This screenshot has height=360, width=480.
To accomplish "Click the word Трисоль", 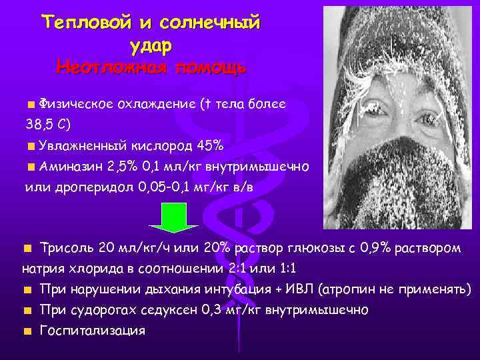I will click(67, 249).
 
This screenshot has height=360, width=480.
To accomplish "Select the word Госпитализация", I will click(93, 331).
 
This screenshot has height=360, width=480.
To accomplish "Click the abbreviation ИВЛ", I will click(301, 290).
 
